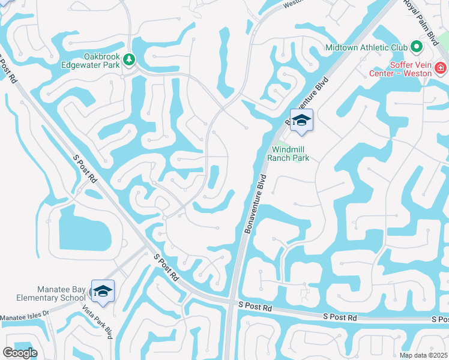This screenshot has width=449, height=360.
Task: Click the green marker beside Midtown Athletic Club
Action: (415, 47)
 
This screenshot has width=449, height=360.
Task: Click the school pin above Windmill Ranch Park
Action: (301, 119)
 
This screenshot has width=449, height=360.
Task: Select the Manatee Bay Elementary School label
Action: (43, 293)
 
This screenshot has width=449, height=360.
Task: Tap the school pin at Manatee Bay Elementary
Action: (103, 291)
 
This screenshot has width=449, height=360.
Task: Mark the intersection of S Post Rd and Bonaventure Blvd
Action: (232, 303)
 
